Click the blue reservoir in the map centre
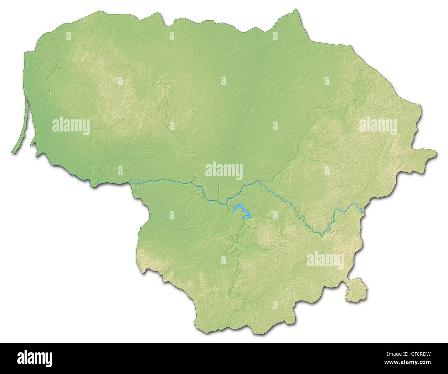coord(242,210)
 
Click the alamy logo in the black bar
coord(34,358)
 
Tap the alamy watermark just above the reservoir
coord(224,171)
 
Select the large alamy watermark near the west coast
coord(71,126)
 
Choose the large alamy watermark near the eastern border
coord(378,126)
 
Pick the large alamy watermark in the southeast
coord(325,260)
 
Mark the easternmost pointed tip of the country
coord(436,153)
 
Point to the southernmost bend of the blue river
coord(322,235)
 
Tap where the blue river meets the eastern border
coord(363,214)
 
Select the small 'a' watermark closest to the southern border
coord(275,305)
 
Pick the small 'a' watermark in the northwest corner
coord(69,36)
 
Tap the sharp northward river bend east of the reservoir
coord(258,180)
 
